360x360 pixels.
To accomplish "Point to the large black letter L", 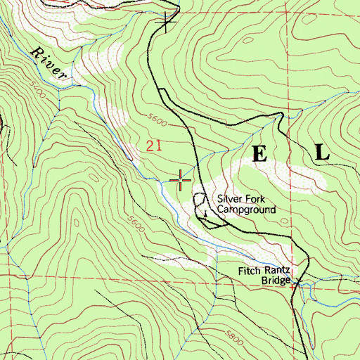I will click(x=321, y=153).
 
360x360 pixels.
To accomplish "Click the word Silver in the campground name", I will click(x=229, y=199).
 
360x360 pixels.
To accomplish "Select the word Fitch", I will click(x=248, y=270).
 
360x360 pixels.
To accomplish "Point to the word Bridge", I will click(x=276, y=281).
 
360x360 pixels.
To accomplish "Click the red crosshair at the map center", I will click(x=181, y=181).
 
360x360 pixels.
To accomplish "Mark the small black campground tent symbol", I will click(x=205, y=212).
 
